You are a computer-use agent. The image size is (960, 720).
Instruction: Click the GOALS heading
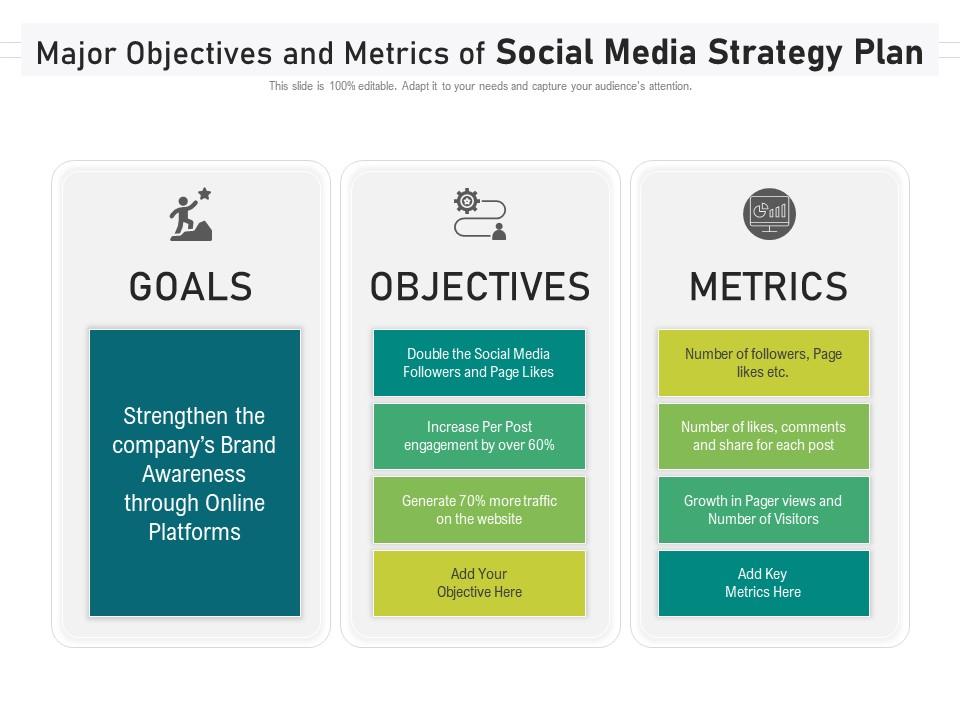[x=190, y=287]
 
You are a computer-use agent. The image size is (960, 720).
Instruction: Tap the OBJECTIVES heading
[x=480, y=287]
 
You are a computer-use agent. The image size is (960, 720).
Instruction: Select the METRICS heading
[x=769, y=287]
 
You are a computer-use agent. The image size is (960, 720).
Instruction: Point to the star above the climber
[x=204, y=193]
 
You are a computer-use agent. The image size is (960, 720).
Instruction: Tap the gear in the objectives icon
[x=467, y=201]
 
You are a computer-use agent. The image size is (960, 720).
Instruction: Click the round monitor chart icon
[x=770, y=214]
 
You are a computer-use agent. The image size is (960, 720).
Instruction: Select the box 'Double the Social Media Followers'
[x=479, y=362]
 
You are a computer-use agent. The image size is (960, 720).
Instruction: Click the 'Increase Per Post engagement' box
[x=479, y=436]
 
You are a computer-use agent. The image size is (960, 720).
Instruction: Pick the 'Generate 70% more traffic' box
[x=479, y=509]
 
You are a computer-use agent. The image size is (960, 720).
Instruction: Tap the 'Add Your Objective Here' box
[x=479, y=583]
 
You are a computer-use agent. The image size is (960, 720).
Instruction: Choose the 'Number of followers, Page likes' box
[x=763, y=362]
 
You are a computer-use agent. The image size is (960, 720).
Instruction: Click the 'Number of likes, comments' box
[x=763, y=436]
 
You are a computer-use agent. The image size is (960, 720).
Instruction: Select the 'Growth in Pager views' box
[x=763, y=509]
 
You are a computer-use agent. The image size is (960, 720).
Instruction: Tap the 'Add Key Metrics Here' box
[x=763, y=583]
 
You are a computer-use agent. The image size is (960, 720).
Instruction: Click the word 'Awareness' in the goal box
[x=194, y=474]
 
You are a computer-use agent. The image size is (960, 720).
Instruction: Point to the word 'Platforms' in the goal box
[x=195, y=532]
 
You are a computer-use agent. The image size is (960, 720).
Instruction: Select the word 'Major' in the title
[x=76, y=54]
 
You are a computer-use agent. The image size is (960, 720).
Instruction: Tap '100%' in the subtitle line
[x=342, y=86]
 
